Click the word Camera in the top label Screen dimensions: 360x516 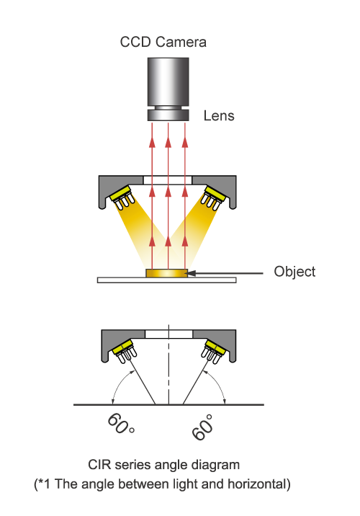tap(181, 42)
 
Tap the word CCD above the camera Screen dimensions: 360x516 tap(135, 42)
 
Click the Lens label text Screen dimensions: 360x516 tap(219, 116)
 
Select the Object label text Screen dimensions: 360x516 tap(294, 272)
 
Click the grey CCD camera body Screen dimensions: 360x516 tap(168, 81)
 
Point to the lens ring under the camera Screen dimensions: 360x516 tap(168, 115)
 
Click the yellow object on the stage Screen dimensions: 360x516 tap(167, 273)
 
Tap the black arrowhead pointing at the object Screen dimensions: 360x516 tap(192, 273)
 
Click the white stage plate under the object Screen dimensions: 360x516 tap(167, 280)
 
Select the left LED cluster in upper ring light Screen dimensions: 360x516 tap(122, 197)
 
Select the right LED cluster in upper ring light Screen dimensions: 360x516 tap(214, 197)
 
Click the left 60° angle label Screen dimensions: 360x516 tap(121, 424)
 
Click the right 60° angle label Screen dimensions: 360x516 tap(202, 427)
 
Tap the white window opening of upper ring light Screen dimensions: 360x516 tap(168, 180)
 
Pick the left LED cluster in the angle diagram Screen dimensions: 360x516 tap(125, 351)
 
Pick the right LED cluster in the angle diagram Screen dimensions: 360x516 tap(213, 351)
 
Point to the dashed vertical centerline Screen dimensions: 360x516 tap(168, 365)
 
